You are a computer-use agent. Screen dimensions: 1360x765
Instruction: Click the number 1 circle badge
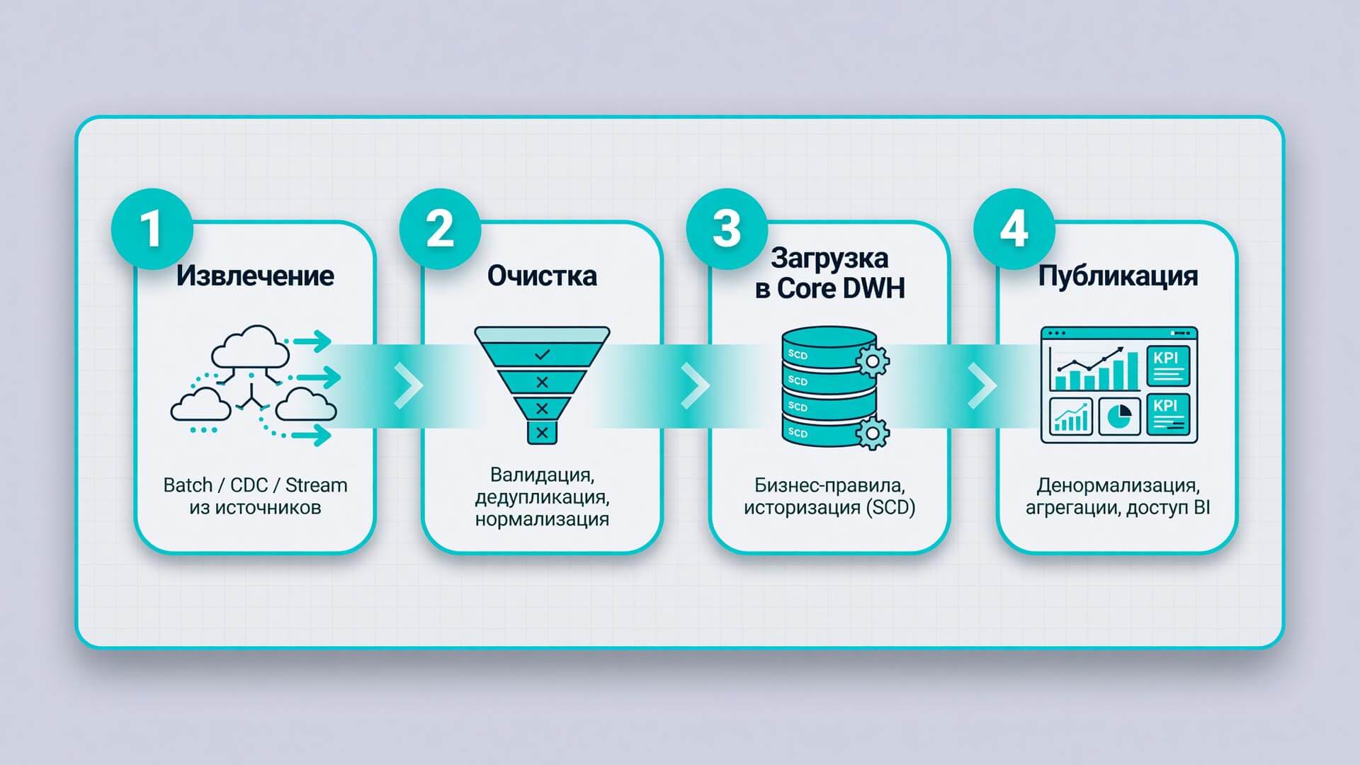[152, 229]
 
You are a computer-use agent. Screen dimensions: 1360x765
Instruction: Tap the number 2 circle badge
[440, 229]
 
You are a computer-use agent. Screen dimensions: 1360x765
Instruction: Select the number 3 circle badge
[727, 229]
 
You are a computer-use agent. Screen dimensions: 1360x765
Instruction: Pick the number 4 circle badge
[1014, 229]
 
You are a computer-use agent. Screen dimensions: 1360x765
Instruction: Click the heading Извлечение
[255, 276]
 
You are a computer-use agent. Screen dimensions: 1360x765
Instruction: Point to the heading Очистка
[542, 276]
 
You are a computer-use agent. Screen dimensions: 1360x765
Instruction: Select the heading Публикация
[1118, 276]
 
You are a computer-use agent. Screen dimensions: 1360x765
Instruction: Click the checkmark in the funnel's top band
[543, 353]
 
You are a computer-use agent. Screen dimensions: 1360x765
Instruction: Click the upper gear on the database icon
[873, 362]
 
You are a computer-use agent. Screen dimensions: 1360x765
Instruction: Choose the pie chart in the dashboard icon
[1119, 416]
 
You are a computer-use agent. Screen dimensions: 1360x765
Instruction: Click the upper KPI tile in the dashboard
[1167, 365]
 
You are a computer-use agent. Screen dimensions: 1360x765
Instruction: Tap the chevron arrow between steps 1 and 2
[409, 386]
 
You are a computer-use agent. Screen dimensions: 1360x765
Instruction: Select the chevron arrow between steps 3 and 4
[982, 386]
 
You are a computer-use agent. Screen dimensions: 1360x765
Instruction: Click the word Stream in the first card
[316, 485]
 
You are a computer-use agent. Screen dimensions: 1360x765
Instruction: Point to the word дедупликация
[542, 497]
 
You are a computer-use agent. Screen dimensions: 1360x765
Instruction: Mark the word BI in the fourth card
[1201, 508]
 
